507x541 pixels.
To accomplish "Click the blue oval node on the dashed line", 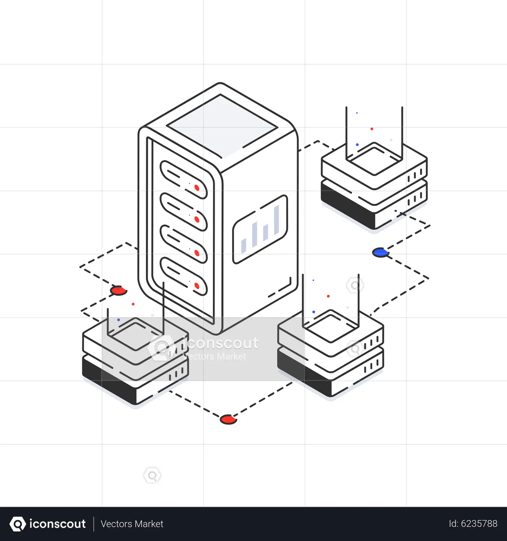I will click(380, 252).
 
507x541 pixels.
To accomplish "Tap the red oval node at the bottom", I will click(228, 419).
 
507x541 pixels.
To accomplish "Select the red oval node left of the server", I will click(118, 290).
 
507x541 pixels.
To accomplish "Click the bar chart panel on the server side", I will click(260, 229).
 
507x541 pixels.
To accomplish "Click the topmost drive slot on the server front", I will click(183, 180).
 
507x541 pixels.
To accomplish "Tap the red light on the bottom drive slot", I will click(197, 286).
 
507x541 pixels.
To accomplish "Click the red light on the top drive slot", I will click(197, 188).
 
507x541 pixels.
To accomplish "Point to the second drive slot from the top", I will click(183, 212).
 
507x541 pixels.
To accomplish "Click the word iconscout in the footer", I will click(57, 524).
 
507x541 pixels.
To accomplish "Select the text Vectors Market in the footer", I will click(132, 524).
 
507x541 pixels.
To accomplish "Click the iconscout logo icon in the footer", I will click(18, 524).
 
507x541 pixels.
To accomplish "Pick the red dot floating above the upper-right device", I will click(372, 129).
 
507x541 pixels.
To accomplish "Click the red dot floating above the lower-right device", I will click(328, 296).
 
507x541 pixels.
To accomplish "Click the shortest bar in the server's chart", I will click(244, 246).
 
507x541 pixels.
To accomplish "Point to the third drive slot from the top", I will click(183, 244).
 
